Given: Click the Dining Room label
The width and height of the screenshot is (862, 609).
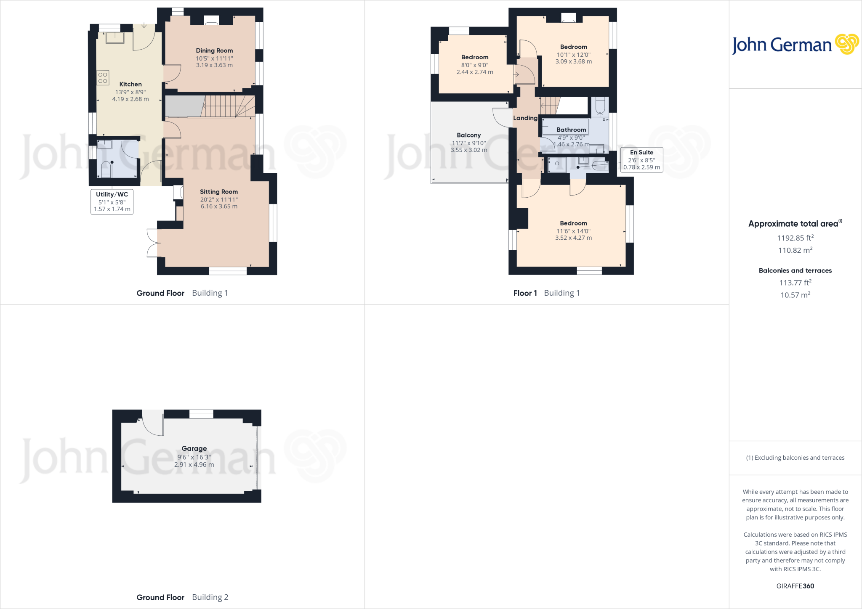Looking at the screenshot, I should (214, 50).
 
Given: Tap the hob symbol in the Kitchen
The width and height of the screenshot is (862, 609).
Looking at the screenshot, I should (103, 78).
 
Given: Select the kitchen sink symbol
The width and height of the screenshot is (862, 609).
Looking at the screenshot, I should (115, 37).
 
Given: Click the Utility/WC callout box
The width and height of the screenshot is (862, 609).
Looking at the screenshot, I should (112, 201).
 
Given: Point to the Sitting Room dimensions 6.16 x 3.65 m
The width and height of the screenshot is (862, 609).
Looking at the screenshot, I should (219, 207).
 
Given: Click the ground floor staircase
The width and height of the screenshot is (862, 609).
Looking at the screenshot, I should (227, 106).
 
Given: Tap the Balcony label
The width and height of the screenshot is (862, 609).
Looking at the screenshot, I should (468, 135).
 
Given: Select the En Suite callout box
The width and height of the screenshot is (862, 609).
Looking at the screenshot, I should (641, 159).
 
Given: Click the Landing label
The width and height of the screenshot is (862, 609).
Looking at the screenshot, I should (525, 118).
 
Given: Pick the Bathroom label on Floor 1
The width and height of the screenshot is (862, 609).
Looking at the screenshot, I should (571, 130).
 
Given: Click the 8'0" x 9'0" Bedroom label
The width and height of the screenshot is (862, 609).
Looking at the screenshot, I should (474, 57).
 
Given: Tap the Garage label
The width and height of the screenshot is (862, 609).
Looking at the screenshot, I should (194, 448).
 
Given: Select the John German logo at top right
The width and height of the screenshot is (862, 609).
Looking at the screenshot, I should (795, 45).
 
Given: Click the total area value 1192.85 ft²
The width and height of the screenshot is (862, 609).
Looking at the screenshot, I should (795, 238).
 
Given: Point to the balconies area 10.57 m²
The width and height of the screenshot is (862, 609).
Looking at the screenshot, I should (795, 295).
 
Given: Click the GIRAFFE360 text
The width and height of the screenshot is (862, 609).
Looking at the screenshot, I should (795, 586).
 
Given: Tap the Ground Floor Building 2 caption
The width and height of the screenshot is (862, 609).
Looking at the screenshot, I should (182, 597).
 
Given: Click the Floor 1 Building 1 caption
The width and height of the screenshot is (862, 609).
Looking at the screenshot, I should (546, 293).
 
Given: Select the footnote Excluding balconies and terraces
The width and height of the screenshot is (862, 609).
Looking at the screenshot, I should (795, 458).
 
